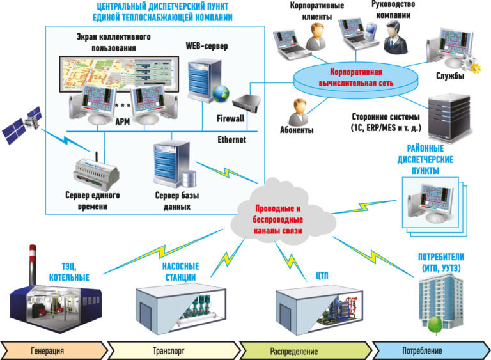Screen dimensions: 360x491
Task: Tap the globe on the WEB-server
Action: click(222, 93)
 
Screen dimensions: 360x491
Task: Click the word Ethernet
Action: click(231, 139)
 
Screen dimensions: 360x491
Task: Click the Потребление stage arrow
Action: click(428, 350)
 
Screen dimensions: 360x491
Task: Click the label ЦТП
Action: click(324, 276)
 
